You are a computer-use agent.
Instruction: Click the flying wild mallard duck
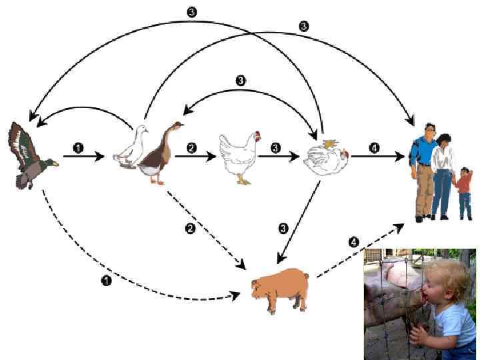(31, 157)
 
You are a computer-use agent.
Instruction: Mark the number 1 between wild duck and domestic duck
(79, 148)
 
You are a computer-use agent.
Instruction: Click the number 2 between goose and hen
(193, 148)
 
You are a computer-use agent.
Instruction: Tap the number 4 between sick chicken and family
(374, 148)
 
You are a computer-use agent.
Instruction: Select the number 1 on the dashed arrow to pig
(105, 281)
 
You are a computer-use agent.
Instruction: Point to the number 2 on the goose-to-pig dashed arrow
(189, 229)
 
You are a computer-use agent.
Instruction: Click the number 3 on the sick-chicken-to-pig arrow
(283, 229)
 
